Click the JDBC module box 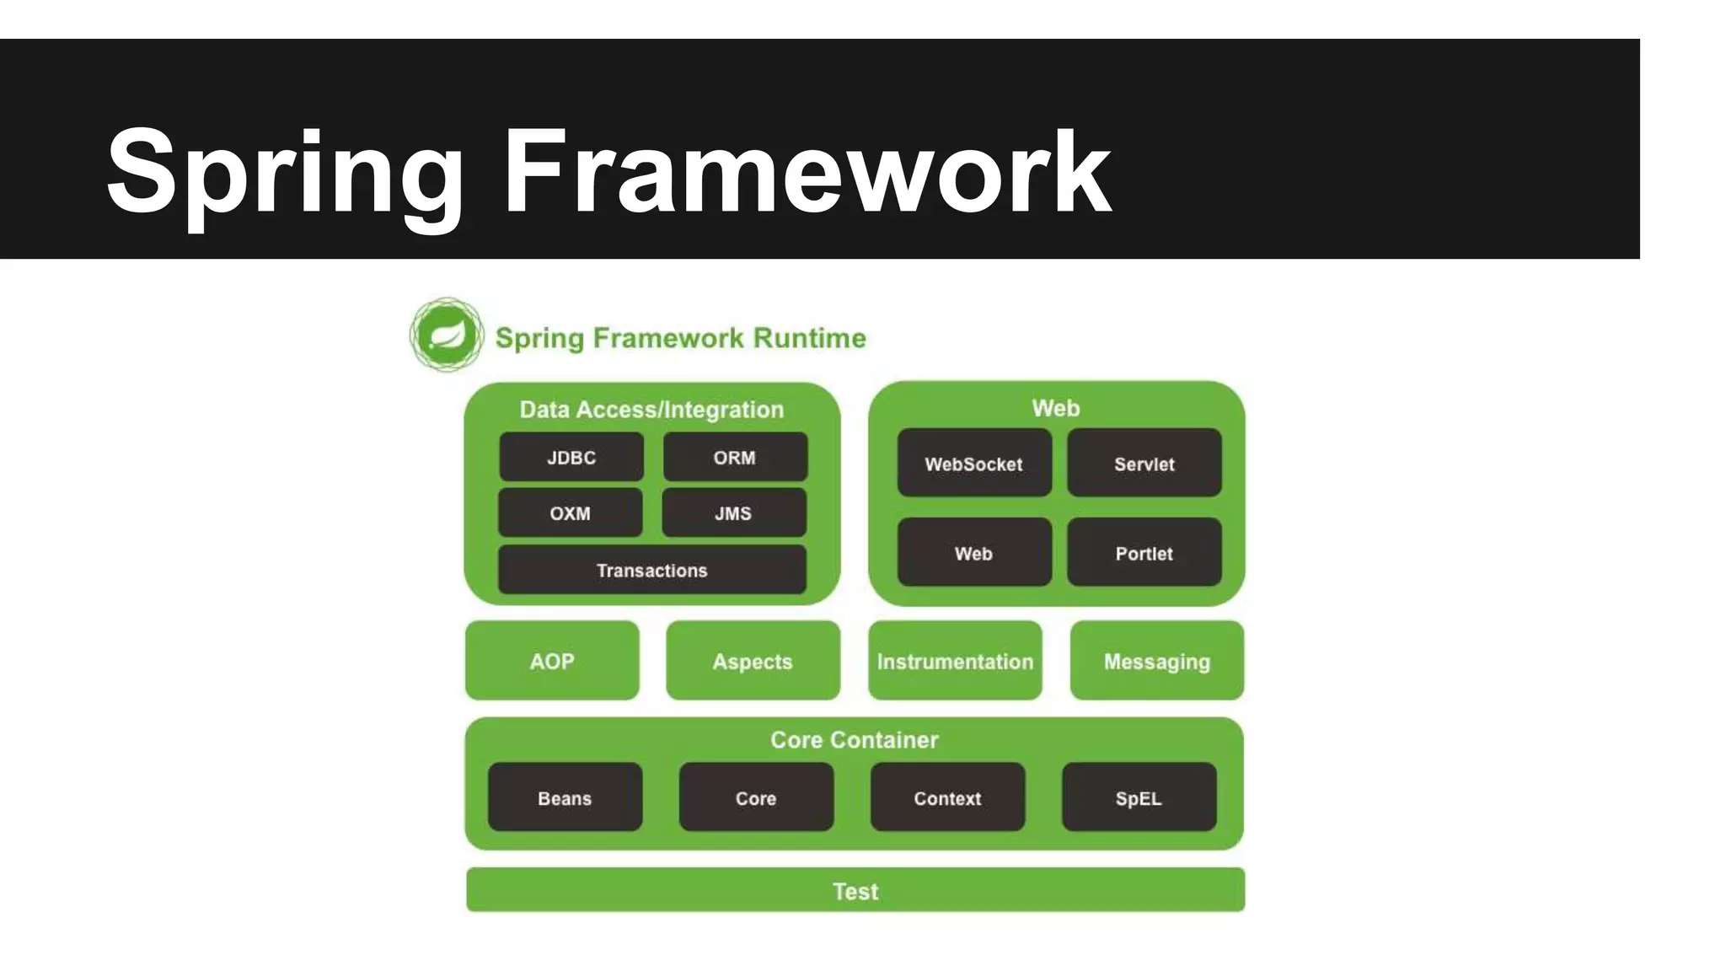point(571,458)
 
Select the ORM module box point(735,458)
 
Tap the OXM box point(571,513)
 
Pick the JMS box point(734,513)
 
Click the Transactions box point(652,571)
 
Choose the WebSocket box point(974,464)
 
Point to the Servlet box point(1144,464)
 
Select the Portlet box point(1144,553)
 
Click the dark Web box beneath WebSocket point(974,553)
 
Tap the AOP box point(552,661)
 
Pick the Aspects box point(753,661)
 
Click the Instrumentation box point(955,661)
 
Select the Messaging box point(1157,661)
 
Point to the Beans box point(565,797)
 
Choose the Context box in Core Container point(947,797)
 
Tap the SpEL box point(1139,797)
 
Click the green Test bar point(855,890)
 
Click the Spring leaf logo point(447,335)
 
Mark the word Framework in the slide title point(807,173)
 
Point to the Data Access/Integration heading point(651,410)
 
